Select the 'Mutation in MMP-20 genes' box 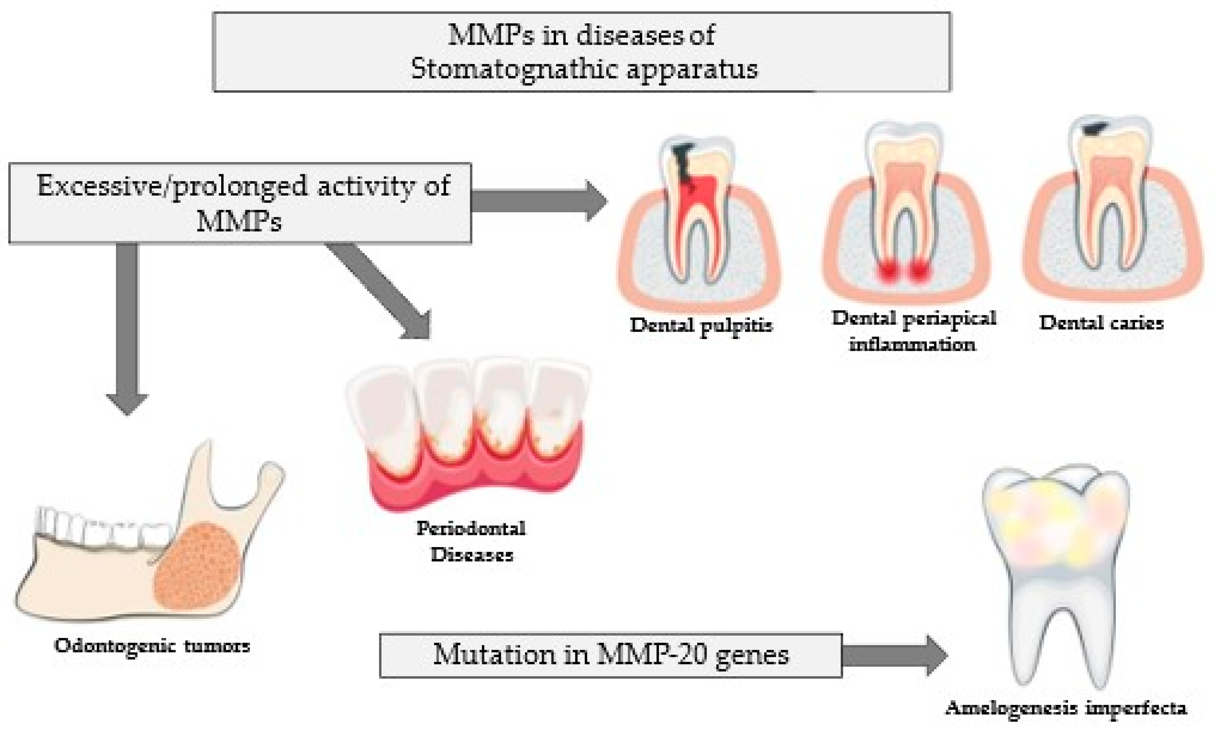click(610, 655)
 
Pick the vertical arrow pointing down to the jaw click(127, 325)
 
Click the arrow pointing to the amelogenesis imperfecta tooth click(892, 655)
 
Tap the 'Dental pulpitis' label click(701, 325)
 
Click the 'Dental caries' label click(1101, 323)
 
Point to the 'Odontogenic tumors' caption click(152, 646)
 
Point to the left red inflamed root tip click(887, 270)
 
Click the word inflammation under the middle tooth click(912, 344)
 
